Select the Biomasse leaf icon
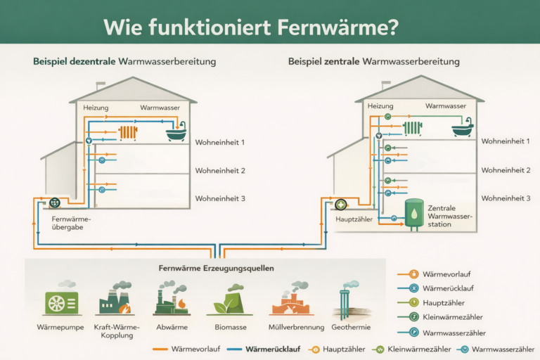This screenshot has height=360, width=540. click(227, 300)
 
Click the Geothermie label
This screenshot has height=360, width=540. click(345, 327)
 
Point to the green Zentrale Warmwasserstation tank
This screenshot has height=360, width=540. click(414, 213)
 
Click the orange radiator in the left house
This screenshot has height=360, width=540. click(128, 132)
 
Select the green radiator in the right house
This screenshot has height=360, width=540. click(413, 128)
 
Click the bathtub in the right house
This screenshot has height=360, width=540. click(462, 129)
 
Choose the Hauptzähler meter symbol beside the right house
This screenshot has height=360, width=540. click(341, 205)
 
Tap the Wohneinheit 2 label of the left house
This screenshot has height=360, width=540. click(220, 171)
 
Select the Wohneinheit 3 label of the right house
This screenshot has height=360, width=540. click(506, 198)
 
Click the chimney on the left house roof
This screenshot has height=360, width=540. click(101, 85)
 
